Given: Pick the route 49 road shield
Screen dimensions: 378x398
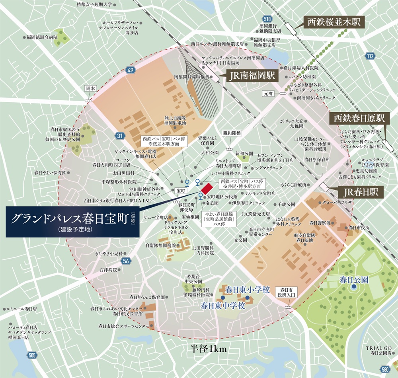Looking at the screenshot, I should click(x=129, y=71).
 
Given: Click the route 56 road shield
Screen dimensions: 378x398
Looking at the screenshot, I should click(x=126, y=261).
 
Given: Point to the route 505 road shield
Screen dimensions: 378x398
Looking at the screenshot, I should click(x=32, y=355).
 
